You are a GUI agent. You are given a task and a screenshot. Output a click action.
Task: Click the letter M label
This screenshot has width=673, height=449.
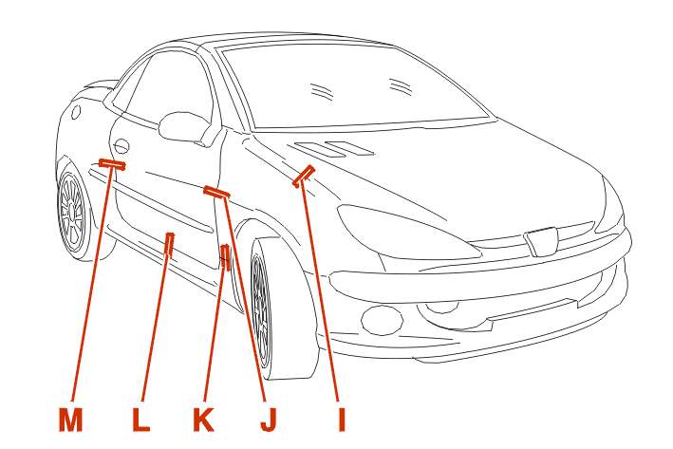point(70,420)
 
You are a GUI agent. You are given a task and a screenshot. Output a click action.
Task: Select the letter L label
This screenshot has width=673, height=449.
point(140,420)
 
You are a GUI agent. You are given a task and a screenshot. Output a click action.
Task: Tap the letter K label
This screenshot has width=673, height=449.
point(203,420)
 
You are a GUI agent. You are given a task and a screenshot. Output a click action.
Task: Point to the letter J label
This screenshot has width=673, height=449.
point(269,420)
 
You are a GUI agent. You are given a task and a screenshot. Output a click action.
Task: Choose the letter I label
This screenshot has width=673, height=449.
point(342,420)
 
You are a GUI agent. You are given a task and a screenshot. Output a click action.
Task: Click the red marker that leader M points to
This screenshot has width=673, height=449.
point(112,163)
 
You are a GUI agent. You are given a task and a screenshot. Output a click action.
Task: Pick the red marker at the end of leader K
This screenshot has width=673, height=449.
point(226,256)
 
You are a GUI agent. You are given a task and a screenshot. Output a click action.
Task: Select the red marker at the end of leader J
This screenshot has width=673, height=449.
point(216,192)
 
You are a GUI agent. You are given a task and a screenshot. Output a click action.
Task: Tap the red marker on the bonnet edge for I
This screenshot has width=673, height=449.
point(304,176)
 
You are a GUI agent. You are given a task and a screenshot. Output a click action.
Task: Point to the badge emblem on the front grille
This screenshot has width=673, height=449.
point(540,242)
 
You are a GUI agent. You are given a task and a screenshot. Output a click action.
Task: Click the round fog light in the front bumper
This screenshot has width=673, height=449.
point(382,319)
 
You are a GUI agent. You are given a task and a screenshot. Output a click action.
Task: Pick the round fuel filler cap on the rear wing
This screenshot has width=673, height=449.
point(76,112)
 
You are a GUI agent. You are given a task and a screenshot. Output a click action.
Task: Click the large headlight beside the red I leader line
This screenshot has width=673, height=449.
point(408,232)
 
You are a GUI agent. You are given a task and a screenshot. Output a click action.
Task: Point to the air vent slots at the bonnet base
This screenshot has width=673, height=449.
point(336,148)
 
